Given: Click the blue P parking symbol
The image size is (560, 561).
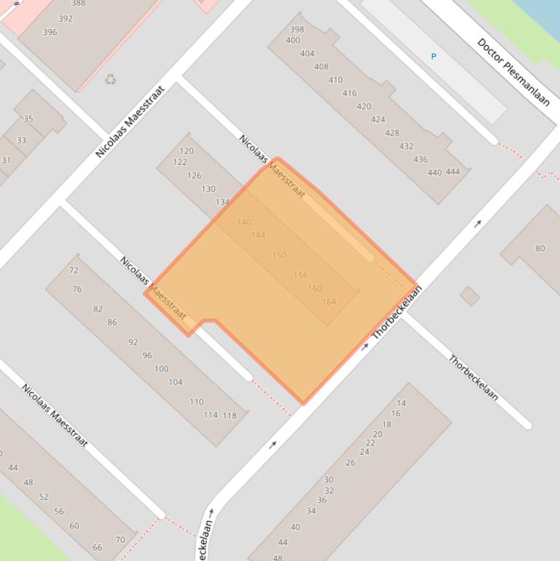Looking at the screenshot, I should [x=434, y=56].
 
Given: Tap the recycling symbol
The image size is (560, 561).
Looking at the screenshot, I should [x=110, y=79].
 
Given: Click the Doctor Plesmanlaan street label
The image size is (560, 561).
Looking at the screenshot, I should [x=513, y=71].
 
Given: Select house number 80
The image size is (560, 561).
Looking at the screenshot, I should [x=540, y=248].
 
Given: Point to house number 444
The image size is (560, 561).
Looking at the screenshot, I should [x=453, y=172].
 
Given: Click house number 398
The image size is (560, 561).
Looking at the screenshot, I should [x=296, y=30].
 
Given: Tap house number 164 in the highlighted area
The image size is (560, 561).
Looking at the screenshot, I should [x=329, y=302].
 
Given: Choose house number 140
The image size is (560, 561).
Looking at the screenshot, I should [x=244, y=222].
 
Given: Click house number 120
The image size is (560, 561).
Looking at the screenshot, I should [x=186, y=152].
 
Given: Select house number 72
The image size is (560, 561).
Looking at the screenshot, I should [x=74, y=270].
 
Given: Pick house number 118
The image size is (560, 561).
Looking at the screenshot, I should [x=229, y=416].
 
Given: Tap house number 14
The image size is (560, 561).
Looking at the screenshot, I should [x=401, y=403].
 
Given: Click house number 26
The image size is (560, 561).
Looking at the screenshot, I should [x=350, y=463].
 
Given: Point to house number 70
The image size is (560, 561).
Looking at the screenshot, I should [x=120, y=540].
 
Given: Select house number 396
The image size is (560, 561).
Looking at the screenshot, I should [x=50, y=32].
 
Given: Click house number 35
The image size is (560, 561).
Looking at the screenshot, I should [x=28, y=119].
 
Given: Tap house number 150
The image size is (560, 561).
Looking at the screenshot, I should [x=280, y=256].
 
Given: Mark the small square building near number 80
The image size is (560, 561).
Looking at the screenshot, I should [x=470, y=296].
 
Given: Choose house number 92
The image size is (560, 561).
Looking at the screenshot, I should [x=133, y=342].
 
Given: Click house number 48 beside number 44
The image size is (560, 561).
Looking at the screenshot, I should [x=28, y=482].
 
